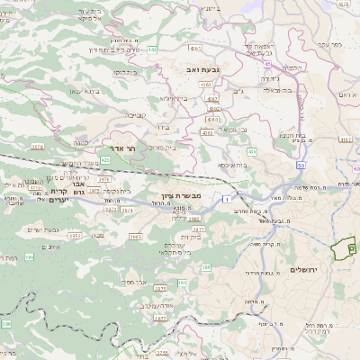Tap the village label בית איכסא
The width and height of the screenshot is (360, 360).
tap(233, 165)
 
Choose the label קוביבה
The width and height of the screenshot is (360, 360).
tap(136, 114)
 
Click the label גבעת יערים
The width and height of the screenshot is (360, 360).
tap(62, 232)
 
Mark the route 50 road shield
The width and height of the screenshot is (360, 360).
tap(300, 166)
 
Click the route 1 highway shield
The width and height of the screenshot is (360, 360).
tap(229, 196)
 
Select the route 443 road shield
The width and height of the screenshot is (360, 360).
tap(153, 49)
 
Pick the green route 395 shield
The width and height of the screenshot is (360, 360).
tap(30, 257)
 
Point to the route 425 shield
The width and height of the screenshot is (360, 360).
tap(130, 159)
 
